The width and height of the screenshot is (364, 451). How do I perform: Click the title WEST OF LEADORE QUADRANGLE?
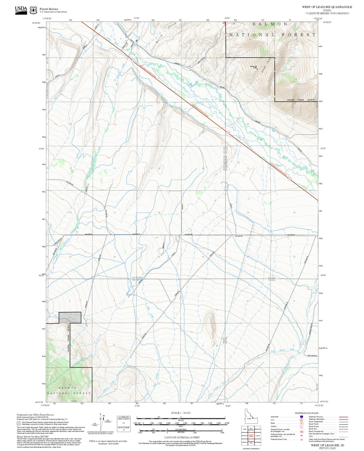[327, 7]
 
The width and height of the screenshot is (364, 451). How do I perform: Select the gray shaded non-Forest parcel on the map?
[70, 318]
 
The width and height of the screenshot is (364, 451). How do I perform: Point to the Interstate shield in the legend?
[301, 417]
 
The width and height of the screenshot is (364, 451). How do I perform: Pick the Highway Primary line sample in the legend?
[344, 417]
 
